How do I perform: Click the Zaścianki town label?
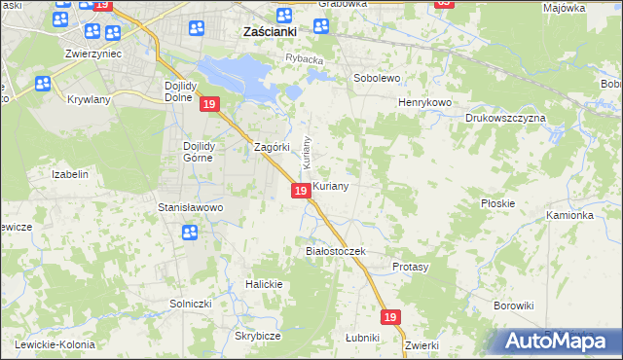click(269, 31)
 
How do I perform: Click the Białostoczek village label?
click(335, 251)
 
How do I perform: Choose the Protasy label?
click(410, 267)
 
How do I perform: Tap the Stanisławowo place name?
click(191, 207)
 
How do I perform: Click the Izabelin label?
click(70, 174)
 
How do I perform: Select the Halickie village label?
click(264, 284)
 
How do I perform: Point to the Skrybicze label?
click(258, 336)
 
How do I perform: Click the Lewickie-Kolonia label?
click(54, 344)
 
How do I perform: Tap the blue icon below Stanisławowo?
click(190, 232)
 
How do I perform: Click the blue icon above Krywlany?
click(43, 85)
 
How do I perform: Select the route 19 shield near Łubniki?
click(390, 317)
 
